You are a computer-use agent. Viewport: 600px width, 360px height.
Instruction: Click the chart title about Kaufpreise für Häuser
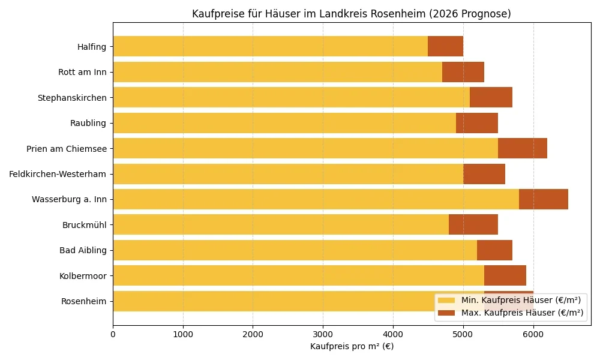[x=351, y=14]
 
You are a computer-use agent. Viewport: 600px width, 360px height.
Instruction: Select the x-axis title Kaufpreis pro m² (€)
[x=352, y=346]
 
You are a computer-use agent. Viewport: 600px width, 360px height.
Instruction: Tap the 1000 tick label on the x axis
[x=183, y=332]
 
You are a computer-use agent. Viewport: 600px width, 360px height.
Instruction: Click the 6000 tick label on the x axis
[x=533, y=332]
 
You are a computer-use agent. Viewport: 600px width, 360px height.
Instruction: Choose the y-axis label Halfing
[x=91, y=47]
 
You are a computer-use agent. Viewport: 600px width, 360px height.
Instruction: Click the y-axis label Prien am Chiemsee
[x=66, y=149]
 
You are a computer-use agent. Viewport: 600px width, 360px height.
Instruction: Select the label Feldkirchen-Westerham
[x=58, y=174]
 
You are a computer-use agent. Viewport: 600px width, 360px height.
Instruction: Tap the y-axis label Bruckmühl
[x=84, y=225]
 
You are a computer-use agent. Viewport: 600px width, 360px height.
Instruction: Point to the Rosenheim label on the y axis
[x=83, y=301]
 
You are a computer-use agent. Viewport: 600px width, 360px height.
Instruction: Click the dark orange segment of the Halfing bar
[x=445, y=46]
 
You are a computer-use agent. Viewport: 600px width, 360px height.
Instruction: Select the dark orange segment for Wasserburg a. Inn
[x=543, y=199]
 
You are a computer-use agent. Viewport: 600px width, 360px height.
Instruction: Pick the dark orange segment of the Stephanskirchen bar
[x=491, y=97]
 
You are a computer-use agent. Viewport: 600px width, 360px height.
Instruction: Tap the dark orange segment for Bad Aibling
[x=494, y=250]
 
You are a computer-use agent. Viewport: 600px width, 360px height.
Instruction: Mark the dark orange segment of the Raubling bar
[x=476, y=123]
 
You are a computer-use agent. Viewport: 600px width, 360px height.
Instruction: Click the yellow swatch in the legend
[x=446, y=300]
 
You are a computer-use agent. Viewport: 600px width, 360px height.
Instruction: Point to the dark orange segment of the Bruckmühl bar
[x=473, y=224]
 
